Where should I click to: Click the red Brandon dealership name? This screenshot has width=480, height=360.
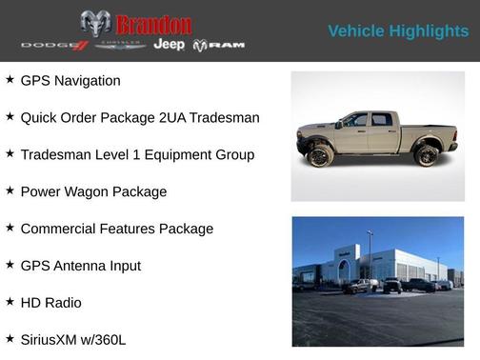click(152, 24)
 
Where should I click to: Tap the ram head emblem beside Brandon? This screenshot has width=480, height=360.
click(95, 23)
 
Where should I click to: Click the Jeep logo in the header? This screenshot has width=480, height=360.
click(169, 45)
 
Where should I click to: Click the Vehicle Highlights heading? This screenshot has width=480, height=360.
click(398, 31)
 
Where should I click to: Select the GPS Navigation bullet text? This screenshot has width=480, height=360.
click(70, 81)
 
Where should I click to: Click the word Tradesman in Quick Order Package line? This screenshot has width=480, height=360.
click(224, 118)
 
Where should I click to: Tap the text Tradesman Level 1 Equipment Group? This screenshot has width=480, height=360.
click(137, 154)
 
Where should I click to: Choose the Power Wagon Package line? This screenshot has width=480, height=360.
click(93, 191)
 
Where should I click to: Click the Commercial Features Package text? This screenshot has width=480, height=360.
click(116, 229)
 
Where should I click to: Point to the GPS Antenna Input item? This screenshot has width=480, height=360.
click(80, 266)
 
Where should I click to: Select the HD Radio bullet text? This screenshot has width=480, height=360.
click(51, 303)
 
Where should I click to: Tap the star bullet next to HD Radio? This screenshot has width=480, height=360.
click(10, 302)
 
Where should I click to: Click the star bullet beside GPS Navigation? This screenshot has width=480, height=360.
click(10, 80)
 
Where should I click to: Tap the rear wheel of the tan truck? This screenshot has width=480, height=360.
click(427, 155)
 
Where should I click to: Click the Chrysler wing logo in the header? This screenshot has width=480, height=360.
click(119, 46)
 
